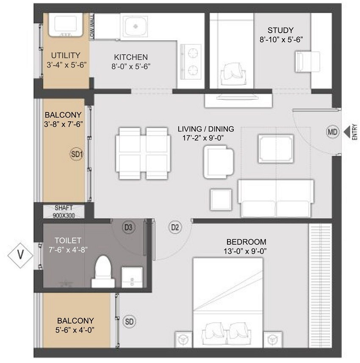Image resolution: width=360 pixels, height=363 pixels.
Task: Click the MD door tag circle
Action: [333, 132]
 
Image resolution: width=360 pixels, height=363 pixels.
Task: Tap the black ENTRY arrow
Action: [346, 132]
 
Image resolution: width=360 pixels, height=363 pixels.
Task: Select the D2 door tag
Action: [175, 227]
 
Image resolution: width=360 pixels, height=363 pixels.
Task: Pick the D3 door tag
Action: [129, 227]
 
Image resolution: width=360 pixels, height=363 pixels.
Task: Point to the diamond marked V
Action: [20, 256]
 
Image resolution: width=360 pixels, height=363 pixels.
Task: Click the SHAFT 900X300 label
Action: [64, 211]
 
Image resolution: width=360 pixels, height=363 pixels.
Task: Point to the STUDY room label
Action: [280, 30]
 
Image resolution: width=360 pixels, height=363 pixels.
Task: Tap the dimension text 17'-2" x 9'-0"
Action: [206, 137]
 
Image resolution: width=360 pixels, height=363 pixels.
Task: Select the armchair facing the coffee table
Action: [218, 162]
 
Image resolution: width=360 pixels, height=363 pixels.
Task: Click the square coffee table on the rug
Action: [276, 148]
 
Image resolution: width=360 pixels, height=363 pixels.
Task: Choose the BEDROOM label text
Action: [246, 241]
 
